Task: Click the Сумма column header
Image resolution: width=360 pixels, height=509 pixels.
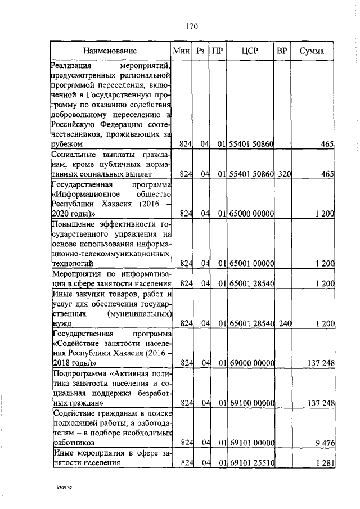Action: (x=312, y=51)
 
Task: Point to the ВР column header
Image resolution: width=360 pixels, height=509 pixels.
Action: (x=282, y=51)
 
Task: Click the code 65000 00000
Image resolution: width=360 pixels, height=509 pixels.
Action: (x=251, y=214)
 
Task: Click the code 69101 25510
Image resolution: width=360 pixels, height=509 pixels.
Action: (x=251, y=463)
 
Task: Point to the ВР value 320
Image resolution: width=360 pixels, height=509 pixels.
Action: (x=283, y=174)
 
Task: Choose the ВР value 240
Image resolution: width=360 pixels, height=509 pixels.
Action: (x=283, y=323)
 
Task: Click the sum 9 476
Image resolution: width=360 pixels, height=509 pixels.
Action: (x=325, y=443)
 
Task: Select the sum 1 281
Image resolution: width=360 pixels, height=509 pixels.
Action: (x=325, y=463)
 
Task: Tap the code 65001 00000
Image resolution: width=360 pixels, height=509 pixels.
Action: (x=251, y=263)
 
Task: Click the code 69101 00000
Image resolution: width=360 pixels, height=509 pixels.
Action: (x=251, y=443)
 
